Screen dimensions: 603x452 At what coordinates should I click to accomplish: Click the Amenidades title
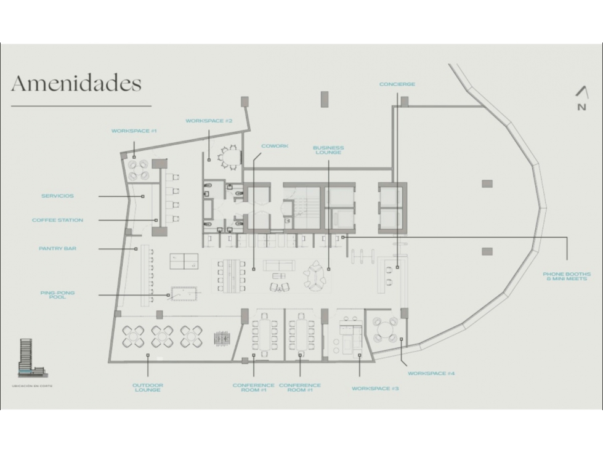76,83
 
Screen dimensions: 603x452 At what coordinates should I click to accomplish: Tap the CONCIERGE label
397,84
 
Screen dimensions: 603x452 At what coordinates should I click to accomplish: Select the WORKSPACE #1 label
134,131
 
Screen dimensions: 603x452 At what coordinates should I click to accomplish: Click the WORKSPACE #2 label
209,121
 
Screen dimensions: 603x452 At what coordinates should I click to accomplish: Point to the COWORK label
275,146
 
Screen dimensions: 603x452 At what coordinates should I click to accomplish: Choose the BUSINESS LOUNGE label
328,150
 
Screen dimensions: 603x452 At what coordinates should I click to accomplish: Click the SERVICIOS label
58,196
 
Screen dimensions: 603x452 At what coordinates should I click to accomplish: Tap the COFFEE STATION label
58,220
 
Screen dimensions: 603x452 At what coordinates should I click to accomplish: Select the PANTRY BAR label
58,249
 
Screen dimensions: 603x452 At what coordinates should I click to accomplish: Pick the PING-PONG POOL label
58,295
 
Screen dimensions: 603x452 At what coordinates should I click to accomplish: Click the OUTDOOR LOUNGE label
148,387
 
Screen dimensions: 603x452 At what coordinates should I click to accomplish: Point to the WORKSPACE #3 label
375,389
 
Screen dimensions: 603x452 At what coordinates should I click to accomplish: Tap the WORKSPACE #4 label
431,373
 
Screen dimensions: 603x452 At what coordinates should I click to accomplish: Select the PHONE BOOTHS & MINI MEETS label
567,276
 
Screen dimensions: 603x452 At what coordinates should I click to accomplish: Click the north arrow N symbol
582,99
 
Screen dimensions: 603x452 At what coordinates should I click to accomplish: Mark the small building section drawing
33,357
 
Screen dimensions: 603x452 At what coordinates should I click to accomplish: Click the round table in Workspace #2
231,157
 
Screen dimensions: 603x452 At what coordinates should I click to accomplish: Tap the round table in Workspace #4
384,329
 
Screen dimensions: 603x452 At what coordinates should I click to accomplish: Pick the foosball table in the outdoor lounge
222,338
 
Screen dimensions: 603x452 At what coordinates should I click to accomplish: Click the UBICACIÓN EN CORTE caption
32,386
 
